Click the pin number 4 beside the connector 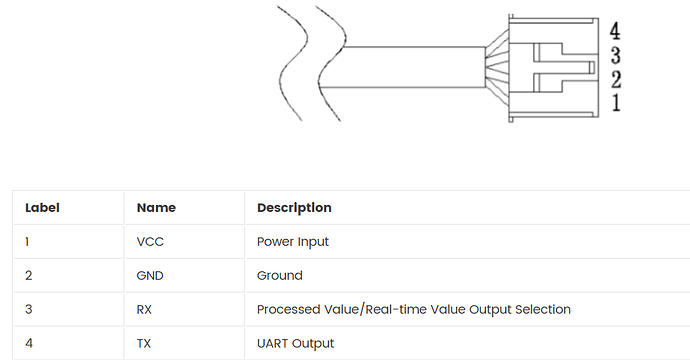(615, 31)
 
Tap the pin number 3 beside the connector (616, 55)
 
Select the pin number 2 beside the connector (616, 80)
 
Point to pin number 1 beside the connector (616, 103)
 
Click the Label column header (42, 208)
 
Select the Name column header (156, 208)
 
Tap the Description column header (294, 208)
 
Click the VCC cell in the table (150, 242)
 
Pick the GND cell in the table (150, 276)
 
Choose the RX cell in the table (144, 309)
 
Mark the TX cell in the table (143, 343)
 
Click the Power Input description (293, 242)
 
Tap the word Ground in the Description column (279, 276)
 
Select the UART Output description (295, 344)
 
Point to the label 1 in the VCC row (27, 242)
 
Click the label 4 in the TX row (29, 343)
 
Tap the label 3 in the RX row (29, 309)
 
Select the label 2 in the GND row (29, 276)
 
